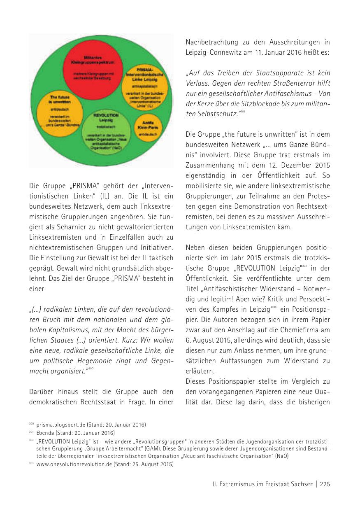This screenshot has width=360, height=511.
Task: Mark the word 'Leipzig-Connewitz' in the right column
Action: (x=214, y=52)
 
